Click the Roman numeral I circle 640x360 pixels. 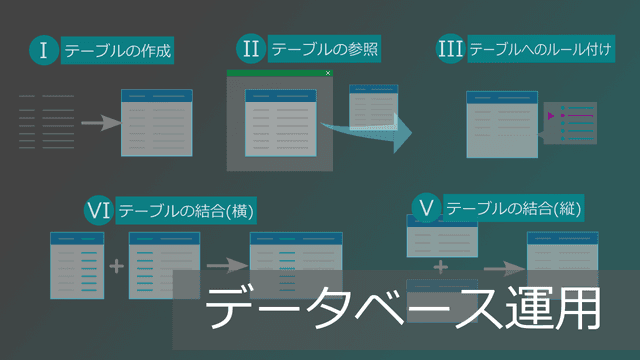[44, 50]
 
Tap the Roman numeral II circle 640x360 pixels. [251, 48]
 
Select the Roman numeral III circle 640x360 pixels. [451, 49]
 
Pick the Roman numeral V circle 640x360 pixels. [427, 208]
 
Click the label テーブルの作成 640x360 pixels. [119, 50]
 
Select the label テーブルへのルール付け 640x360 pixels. [541, 49]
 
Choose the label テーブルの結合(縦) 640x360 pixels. [514, 208]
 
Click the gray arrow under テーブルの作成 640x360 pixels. [99, 123]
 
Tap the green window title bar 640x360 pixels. [279, 73]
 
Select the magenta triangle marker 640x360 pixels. [550, 117]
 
